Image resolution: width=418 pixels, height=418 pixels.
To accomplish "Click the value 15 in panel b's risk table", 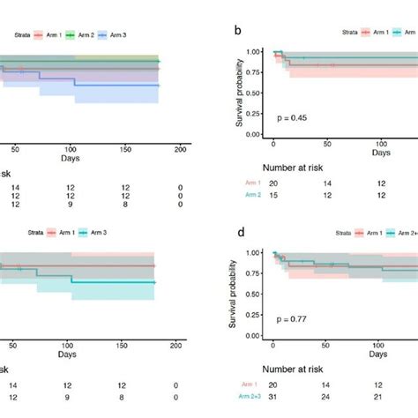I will tap(273, 195).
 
